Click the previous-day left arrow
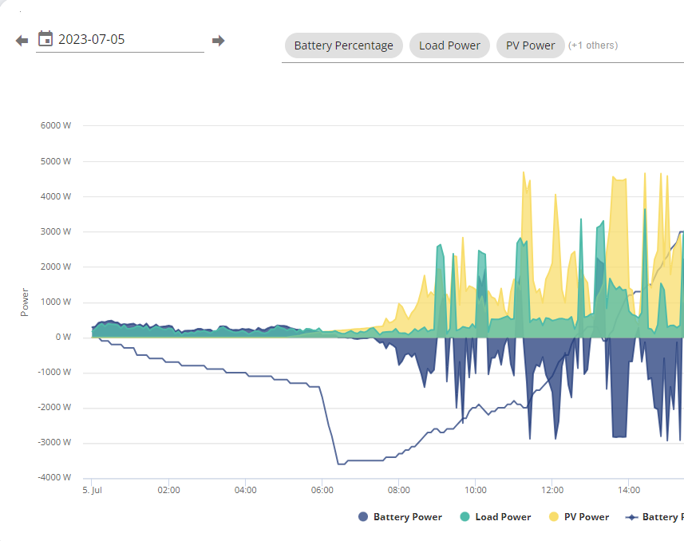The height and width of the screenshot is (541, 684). (22, 41)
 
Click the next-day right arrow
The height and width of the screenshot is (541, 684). (218, 41)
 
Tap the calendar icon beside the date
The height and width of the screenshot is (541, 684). (45, 39)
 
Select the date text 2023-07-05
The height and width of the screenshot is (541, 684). (92, 39)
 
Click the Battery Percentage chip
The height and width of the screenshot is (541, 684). (344, 45)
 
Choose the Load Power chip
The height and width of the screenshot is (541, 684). (449, 45)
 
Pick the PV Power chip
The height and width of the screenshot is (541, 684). (531, 45)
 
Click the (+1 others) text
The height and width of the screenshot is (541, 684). (593, 45)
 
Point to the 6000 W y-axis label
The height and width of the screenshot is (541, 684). (56, 125)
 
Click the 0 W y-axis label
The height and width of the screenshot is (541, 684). (63, 337)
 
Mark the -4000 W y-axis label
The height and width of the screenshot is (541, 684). (54, 477)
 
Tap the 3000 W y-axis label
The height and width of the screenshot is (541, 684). (56, 231)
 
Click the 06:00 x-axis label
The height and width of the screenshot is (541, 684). (322, 490)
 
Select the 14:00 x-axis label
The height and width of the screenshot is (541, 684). (629, 490)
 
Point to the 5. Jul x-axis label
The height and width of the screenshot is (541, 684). (92, 490)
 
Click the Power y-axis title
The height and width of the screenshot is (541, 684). (25, 302)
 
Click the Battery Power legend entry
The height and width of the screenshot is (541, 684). (400, 517)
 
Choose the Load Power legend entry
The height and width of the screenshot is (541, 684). (496, 517)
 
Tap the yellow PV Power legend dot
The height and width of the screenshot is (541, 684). (554, 517)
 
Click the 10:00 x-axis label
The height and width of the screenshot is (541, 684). (476, 490)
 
